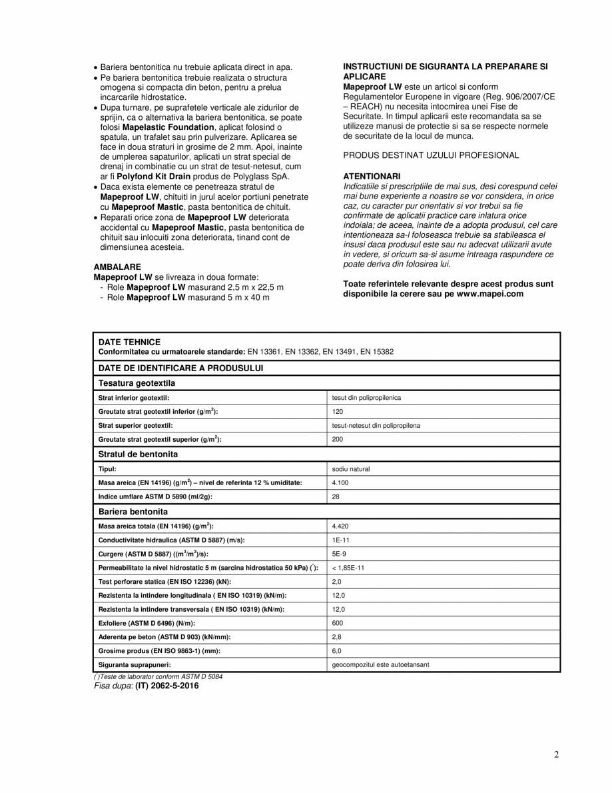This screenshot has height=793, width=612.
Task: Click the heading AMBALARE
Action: [x=117, y=266]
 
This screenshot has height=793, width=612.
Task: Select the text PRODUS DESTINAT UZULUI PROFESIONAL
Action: [x=431, y=155]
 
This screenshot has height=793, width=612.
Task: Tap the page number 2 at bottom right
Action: [x=556, y=754]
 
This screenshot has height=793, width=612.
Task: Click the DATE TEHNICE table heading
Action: [x=129, y=341]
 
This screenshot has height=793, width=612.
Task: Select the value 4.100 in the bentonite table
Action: [x=340, y=482]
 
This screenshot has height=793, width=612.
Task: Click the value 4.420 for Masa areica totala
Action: [x=340, y=526]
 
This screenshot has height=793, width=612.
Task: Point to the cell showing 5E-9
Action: [x=338, y=554]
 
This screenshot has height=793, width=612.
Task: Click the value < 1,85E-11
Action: [x=348, y=568]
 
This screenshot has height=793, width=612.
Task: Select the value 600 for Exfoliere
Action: [x=337, y=623]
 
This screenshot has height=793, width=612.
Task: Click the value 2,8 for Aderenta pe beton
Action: [x=336, y=637]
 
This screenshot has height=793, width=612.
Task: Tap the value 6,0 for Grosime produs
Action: [x=336, y=650]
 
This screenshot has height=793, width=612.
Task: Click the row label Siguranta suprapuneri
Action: [x=135, y=664]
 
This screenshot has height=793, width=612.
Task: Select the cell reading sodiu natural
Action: [x=351, y=468]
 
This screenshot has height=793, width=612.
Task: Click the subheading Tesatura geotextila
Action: [x=137, y=383]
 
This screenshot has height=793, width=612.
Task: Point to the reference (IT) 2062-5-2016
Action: [x=166, y=685]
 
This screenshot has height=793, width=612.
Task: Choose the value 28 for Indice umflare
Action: [x=336, y=496]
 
